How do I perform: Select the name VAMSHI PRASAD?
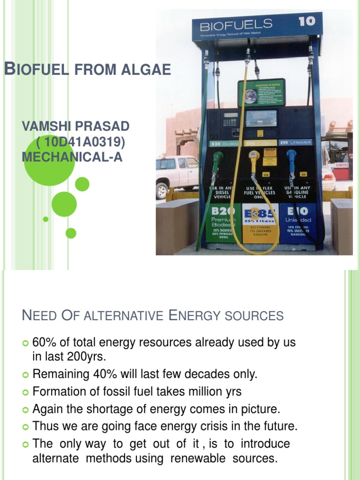(76, 126)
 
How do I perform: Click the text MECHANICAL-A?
(72, 157)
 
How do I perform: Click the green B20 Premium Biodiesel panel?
(224, 223)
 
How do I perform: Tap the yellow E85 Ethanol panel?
(260, 223)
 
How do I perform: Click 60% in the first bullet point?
(43, 343)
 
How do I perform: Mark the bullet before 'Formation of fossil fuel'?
(26, 392)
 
